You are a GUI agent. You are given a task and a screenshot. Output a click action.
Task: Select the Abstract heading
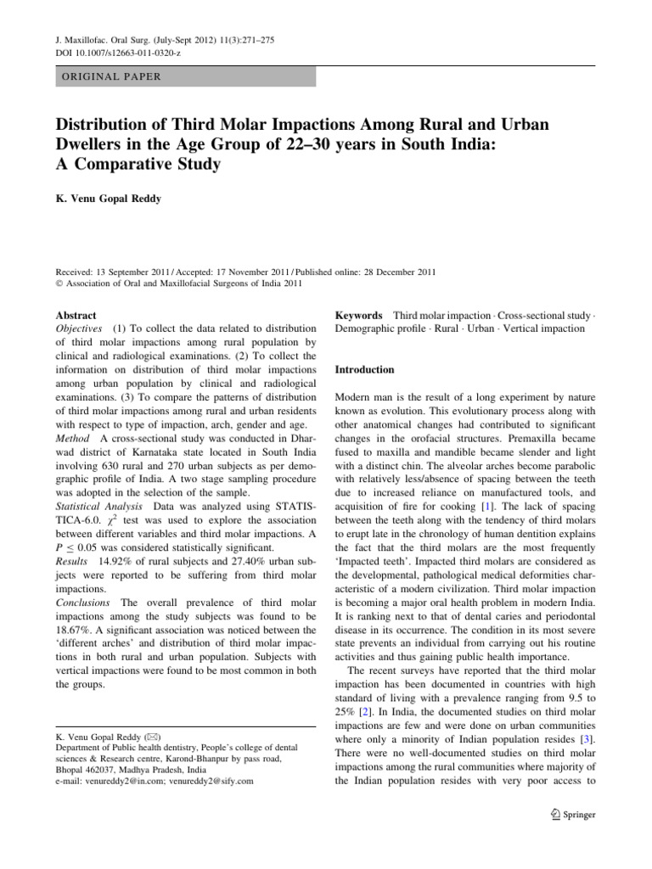75,314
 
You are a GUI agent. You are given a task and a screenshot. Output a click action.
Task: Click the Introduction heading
365,370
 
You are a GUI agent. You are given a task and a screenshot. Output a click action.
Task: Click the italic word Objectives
80,328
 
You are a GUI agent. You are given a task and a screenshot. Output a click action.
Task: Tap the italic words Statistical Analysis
96,505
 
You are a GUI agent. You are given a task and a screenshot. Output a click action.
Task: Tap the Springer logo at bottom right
574,815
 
